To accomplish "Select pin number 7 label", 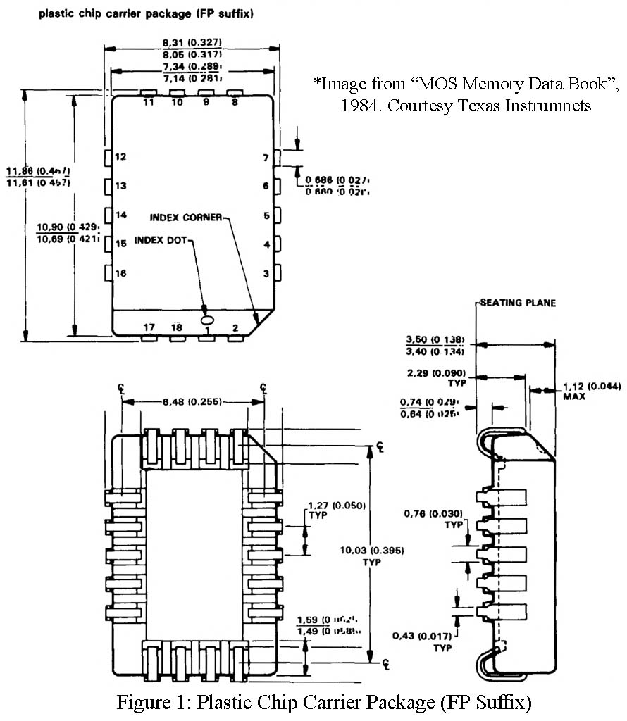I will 266,158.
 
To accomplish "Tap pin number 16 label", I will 120,273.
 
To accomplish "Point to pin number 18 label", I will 176,327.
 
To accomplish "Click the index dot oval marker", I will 206,310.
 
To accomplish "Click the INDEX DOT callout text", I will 161,240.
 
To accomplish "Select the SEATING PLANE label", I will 518,303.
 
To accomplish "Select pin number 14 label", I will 120,215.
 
